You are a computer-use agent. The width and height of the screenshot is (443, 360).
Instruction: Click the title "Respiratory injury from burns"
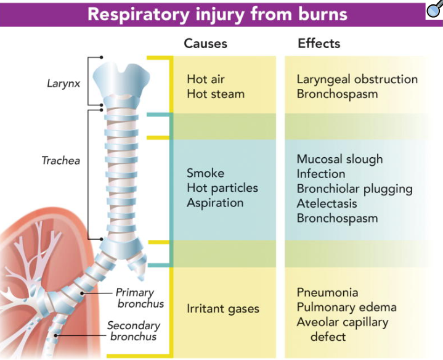tap(217, 14)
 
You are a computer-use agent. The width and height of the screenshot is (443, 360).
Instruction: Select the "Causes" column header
tap(206, 44)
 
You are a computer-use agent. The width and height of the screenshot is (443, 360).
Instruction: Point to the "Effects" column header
tap(319, 44)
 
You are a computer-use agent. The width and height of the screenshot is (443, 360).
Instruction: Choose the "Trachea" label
tap(60, 161)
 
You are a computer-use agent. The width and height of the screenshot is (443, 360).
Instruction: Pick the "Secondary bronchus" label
tap(134, 331)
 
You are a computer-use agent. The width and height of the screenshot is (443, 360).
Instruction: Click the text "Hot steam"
tap(216, 94)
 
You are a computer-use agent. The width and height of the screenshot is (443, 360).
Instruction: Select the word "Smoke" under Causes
tap(205, 173)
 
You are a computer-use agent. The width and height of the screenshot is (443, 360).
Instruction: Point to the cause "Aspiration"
tap(215, 203)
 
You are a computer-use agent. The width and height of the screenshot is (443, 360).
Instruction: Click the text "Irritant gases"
tap(223, 308)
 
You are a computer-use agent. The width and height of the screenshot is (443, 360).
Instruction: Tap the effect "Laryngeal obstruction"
tap(357, 80)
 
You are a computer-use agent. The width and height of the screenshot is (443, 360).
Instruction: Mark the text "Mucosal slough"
tap(339, 159)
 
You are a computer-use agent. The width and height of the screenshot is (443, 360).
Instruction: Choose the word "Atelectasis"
tap(327, 203)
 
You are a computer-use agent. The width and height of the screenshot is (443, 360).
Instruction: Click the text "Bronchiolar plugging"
tap(354, 189)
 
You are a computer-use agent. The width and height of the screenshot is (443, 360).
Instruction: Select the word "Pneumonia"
tap(327, 292)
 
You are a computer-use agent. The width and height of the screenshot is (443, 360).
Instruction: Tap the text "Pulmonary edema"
tap(346, 307)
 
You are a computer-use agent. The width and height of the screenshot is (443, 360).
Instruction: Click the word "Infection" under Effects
tap(320, 174)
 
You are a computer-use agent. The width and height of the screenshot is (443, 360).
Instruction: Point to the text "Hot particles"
tap(222, 188)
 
